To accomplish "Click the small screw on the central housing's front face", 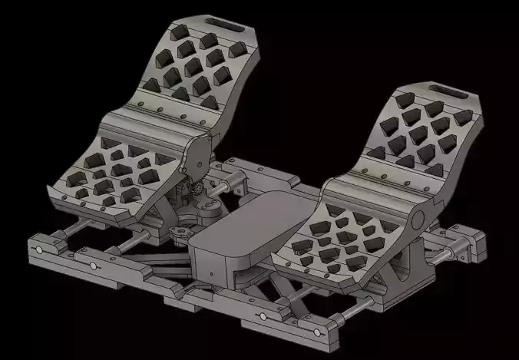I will [208, 271].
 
